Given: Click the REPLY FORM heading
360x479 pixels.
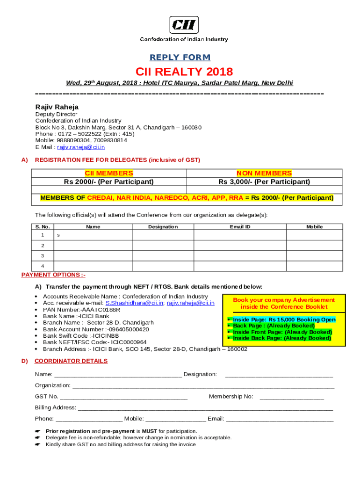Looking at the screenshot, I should tap(180, 58).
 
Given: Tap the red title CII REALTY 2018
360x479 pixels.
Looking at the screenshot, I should tap(184, 72).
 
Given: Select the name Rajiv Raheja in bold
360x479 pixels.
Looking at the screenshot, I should tap(57, 107).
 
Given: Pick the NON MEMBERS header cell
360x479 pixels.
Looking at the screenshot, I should tap(264, 174).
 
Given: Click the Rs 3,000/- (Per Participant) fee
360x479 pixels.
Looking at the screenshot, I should tap(264, 181).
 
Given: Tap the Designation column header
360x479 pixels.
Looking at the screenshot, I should tap(163, 227).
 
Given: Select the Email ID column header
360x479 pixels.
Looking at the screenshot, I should tap(240, 227).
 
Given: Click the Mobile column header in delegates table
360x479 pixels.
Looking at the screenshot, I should tap(314, 227).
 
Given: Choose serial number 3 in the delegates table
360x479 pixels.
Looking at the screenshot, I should tap(43, 256).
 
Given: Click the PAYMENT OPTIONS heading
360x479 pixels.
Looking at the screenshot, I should tap(53, 275).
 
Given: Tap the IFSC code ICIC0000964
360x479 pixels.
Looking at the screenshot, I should tap(129, 342).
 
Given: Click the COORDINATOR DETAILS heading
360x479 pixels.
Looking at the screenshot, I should tap(71, 361).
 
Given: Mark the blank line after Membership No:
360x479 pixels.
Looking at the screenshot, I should tap(291, 397).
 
